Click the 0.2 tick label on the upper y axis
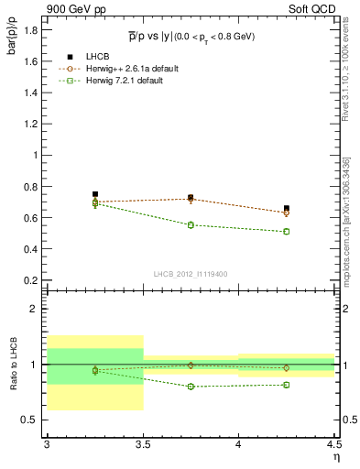click(32, 280)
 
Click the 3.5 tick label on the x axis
click(143, 444)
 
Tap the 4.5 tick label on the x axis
click(333, 444)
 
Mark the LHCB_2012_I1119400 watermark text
click(191, 274)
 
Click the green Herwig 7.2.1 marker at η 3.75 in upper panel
click(191, 224)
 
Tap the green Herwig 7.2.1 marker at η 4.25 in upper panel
click(287, 231)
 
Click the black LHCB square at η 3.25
click(95, 194)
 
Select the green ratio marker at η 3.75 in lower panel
click(191, 387)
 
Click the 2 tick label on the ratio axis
click(37, 309)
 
